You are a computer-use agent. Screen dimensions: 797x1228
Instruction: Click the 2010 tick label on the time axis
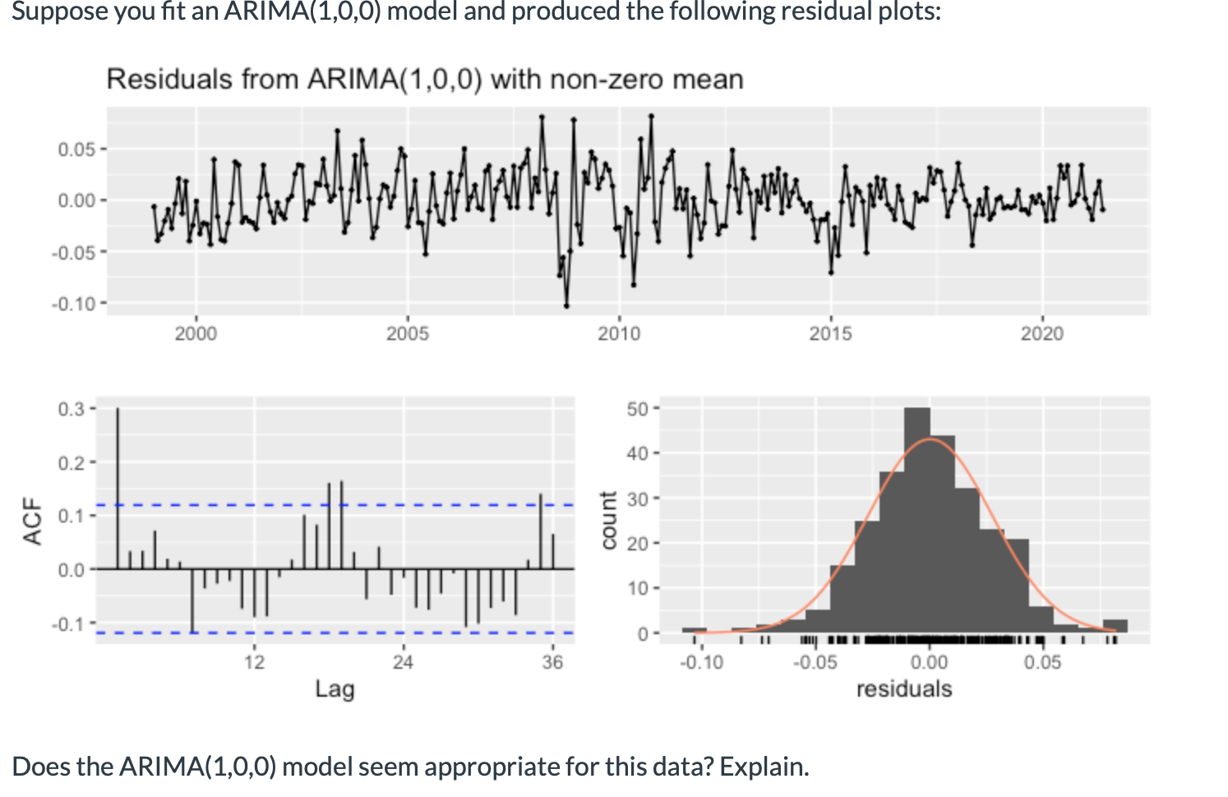[x=618, y=334]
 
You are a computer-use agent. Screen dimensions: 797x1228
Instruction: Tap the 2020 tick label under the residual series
[x=1041, y=334]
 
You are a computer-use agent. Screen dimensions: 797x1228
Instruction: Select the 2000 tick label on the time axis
[x=196, y=334]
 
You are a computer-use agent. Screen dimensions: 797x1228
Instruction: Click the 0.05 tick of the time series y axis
[x=77, y=150]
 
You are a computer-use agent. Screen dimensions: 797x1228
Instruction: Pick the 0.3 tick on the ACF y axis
[x=72, y=408]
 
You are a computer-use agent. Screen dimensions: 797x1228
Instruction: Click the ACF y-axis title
[x=33, y=521]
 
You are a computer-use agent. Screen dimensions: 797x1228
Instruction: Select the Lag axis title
[x=335, y=689]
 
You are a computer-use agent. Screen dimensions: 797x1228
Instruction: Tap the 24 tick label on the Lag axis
[x=403, y=662]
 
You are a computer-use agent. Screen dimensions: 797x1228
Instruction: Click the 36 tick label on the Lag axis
[x=552, y=662]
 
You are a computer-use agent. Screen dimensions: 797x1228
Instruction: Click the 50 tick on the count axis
[x=638, y=408]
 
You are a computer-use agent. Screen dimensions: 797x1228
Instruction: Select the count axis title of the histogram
[x=608, y=520]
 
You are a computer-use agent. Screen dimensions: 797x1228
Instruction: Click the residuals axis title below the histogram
[x=904, y=689]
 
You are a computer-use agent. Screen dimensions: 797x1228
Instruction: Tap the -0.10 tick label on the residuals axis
[x=701, y=662]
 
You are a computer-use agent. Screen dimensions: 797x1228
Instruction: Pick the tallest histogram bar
[x=916, y=518]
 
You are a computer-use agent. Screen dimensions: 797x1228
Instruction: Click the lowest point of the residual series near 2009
[x=566, y=306]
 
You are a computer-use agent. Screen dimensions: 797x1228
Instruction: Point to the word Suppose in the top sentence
[x=57, y=12]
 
